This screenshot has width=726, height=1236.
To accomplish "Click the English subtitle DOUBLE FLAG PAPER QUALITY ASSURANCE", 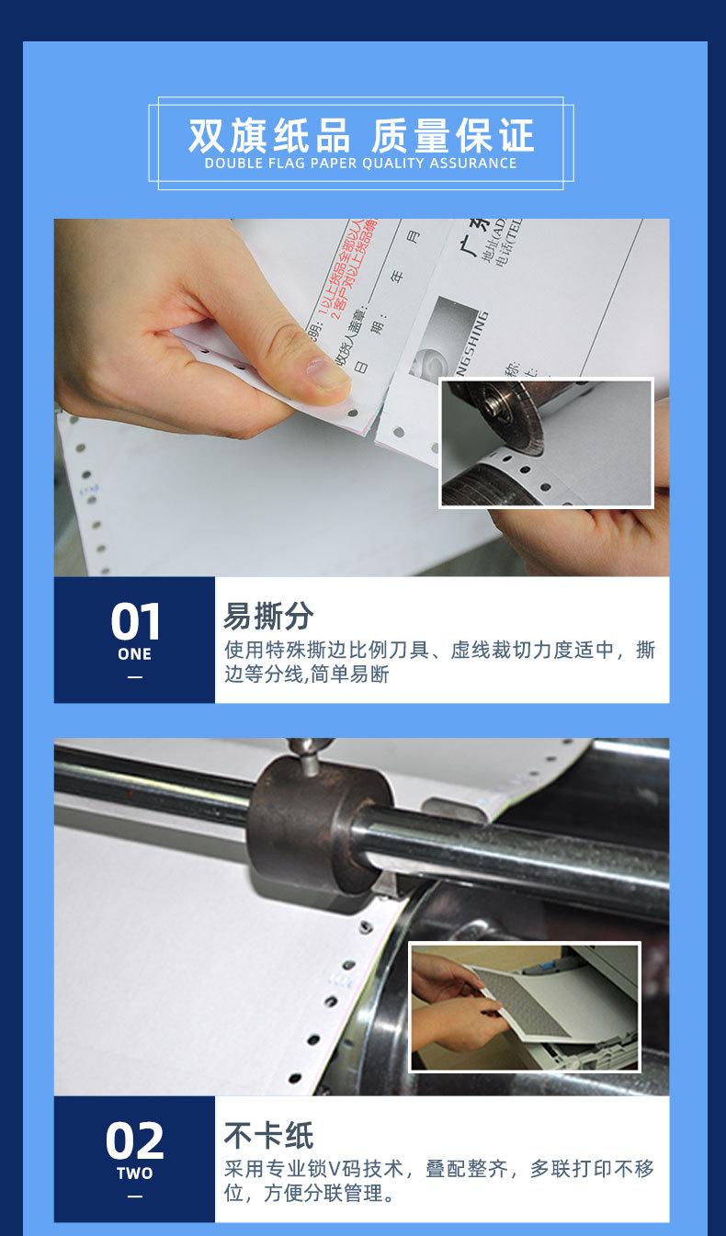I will click(x=361, y=164).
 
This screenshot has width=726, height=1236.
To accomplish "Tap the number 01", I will click(x=135, y=622).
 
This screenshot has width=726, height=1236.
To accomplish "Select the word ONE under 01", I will click(x=135, y=654).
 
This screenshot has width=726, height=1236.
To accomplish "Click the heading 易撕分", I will click(x=268, y=616).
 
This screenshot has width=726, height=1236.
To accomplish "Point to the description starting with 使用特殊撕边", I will click(x=439, y=662).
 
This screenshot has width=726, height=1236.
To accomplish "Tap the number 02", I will click(x=135, y=1141).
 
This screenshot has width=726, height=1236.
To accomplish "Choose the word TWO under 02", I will click(x=135, y=1174).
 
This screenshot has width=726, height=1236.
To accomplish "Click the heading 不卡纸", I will click(x=268, y=1135).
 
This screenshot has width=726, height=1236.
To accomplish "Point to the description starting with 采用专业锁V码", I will click(x=439, y=1181).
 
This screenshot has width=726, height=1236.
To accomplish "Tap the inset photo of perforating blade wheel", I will click(x=546, y=443).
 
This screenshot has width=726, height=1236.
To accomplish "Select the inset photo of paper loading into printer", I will click(x=524, y=1007).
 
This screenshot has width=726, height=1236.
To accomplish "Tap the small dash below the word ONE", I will click(x=135, y=677).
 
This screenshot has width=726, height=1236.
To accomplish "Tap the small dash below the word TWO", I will click(x=135, y=1196).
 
